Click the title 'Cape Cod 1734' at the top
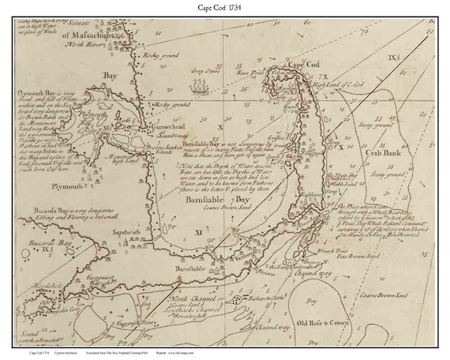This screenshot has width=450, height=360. click(x=225, y=8)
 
